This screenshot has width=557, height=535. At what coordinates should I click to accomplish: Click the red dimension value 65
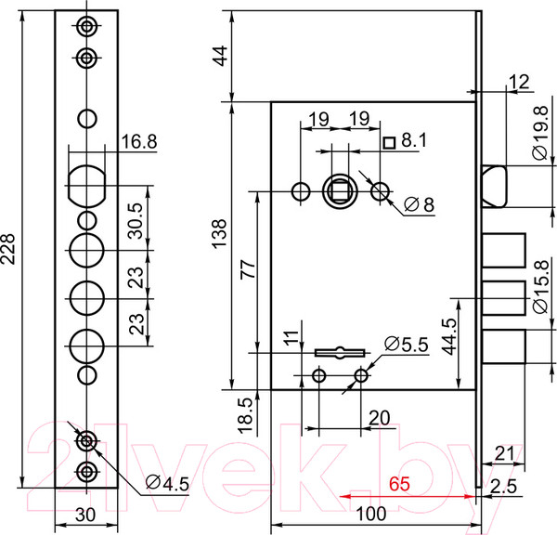click(x=399, y=484)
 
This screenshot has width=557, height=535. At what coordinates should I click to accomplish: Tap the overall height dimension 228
click(x=7, y=249)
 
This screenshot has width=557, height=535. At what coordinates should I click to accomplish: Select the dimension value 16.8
click(x=139, y=142)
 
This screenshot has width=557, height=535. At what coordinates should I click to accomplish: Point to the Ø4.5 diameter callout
click(x=167, y=483)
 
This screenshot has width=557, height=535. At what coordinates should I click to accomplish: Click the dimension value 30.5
click(x=136, y=221)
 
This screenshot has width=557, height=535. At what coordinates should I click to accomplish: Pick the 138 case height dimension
click(x=219, y=233)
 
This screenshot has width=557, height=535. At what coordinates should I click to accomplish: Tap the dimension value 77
click(x=248, y=268)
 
